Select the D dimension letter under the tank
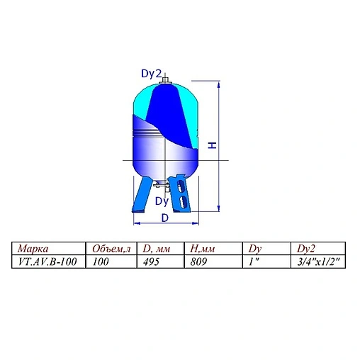pyautogui.click(x=165, y=218)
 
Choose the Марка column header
pyautogui.click(x=33, y=249)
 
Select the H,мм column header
pyautogui.click(x=205, y=249)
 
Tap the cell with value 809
pyautogui.click(x=201, y=261)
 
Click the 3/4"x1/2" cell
pyautogui.click(x=316, y=261)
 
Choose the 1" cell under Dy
pyautogui.click(x=254, y=261)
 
